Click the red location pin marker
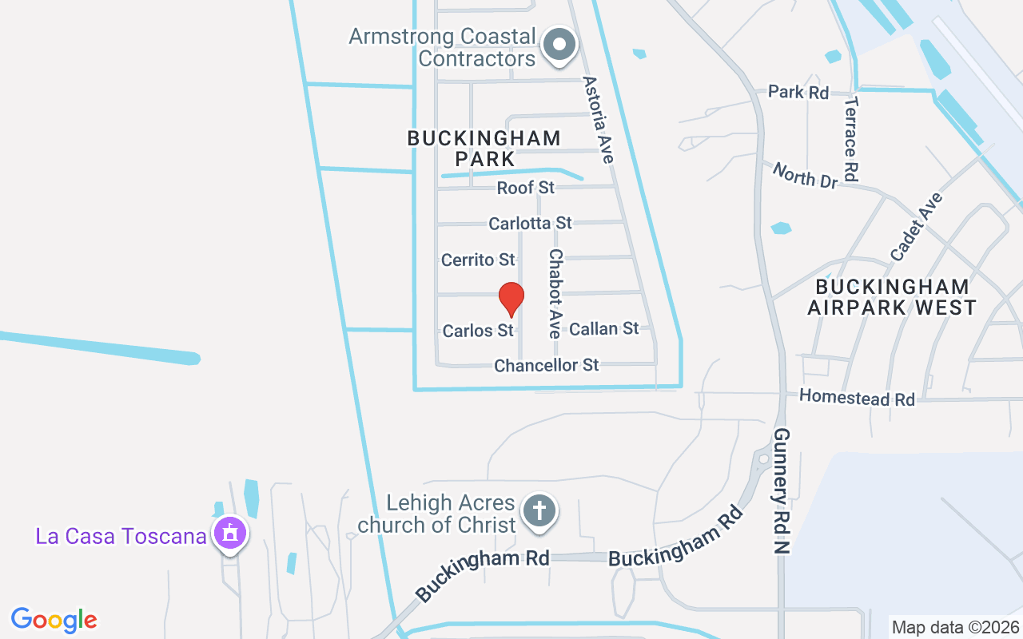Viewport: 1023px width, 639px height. pos(511,299)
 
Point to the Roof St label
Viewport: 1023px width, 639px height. pos(525,188)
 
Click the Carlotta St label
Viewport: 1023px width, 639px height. pos(530,223)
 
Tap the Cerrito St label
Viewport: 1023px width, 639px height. pos(478,260)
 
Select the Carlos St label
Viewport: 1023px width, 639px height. pos(477,330)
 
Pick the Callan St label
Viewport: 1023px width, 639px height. pos(603,328)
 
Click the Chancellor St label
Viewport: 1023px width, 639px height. pos(546,365)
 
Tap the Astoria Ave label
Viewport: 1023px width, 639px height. pos(598,120)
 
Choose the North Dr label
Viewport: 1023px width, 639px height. pos(805,175)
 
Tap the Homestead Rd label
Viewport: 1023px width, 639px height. pos(857,397)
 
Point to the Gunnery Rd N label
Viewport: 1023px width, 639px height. pos(781,490)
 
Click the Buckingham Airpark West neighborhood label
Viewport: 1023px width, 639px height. pos(892,296)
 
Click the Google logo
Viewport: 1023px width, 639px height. pos(54,620)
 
